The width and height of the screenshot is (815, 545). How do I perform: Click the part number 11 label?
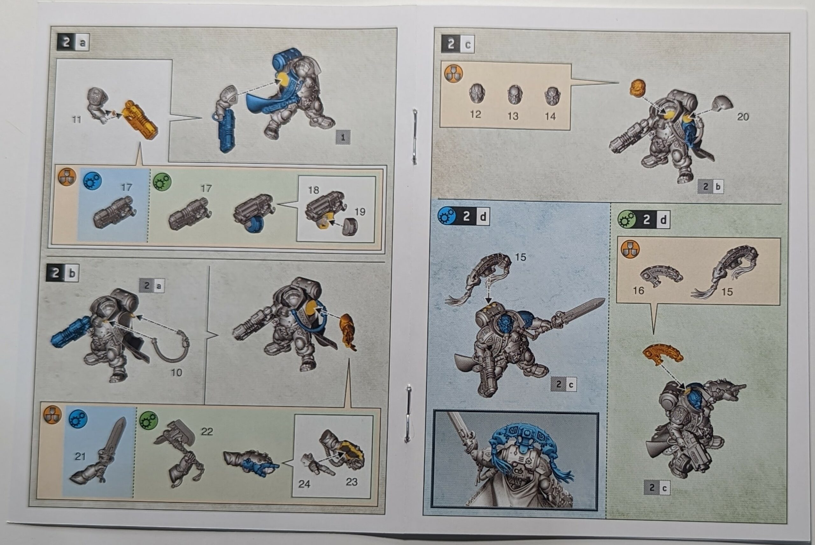pyautogui.click(x=76, y=120)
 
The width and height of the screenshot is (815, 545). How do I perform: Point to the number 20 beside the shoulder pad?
pyautogui.click(x=743, y=117)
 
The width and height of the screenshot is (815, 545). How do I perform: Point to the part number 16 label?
pyautogui.click(x=638, y=290)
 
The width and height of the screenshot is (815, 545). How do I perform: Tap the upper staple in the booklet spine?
pyautogui.click(x=415, y=136)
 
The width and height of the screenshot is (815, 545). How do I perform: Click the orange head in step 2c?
pyautogui.click(x=637, y=87)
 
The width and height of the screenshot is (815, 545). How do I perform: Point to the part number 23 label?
pyautogui.click(x=351, y=482)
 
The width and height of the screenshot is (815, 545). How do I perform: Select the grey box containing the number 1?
pyautogui.click(x=343, y=137)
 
